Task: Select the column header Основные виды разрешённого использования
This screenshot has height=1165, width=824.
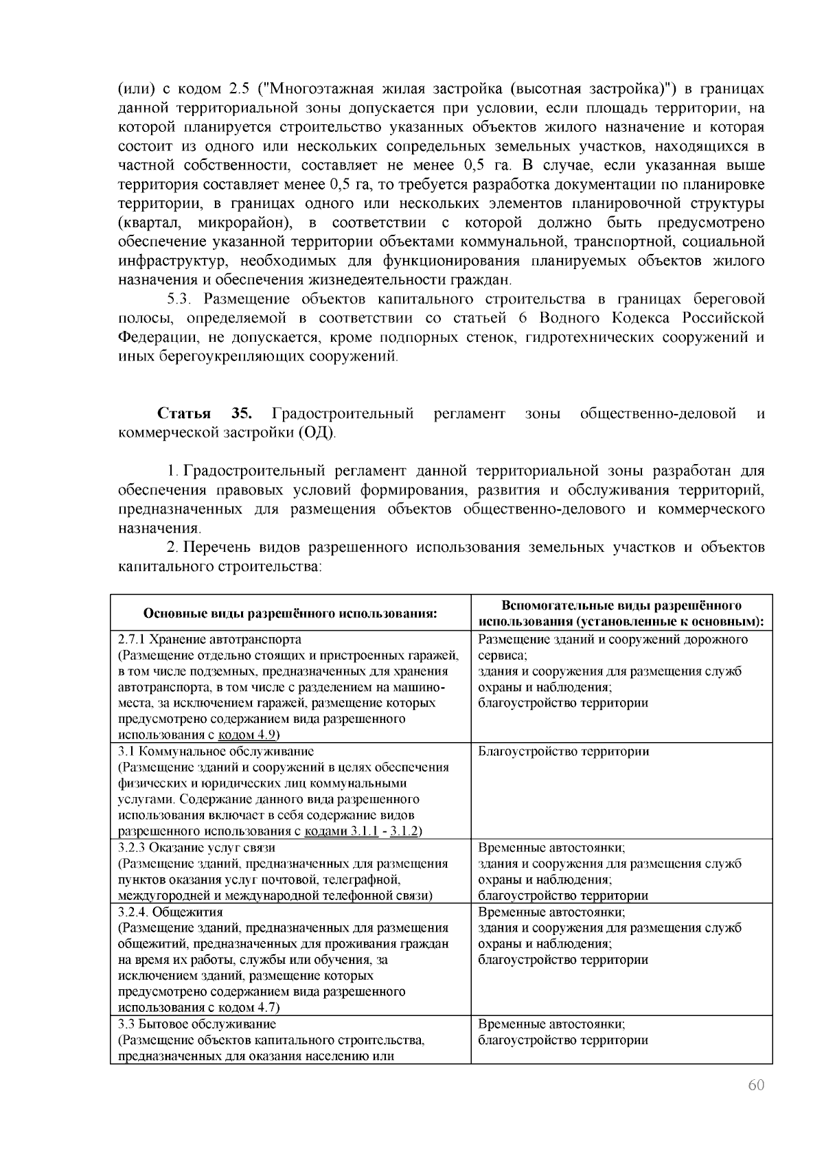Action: click(x=290, y=613)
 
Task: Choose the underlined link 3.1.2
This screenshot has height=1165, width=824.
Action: click(x=404, y=831)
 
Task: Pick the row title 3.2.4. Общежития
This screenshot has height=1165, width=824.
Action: click(x=170, y=912)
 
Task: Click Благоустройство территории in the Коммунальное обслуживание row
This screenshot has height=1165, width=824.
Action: click(x=563, y=751)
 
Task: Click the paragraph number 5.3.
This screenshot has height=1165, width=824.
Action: click(x=182, y=299)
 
